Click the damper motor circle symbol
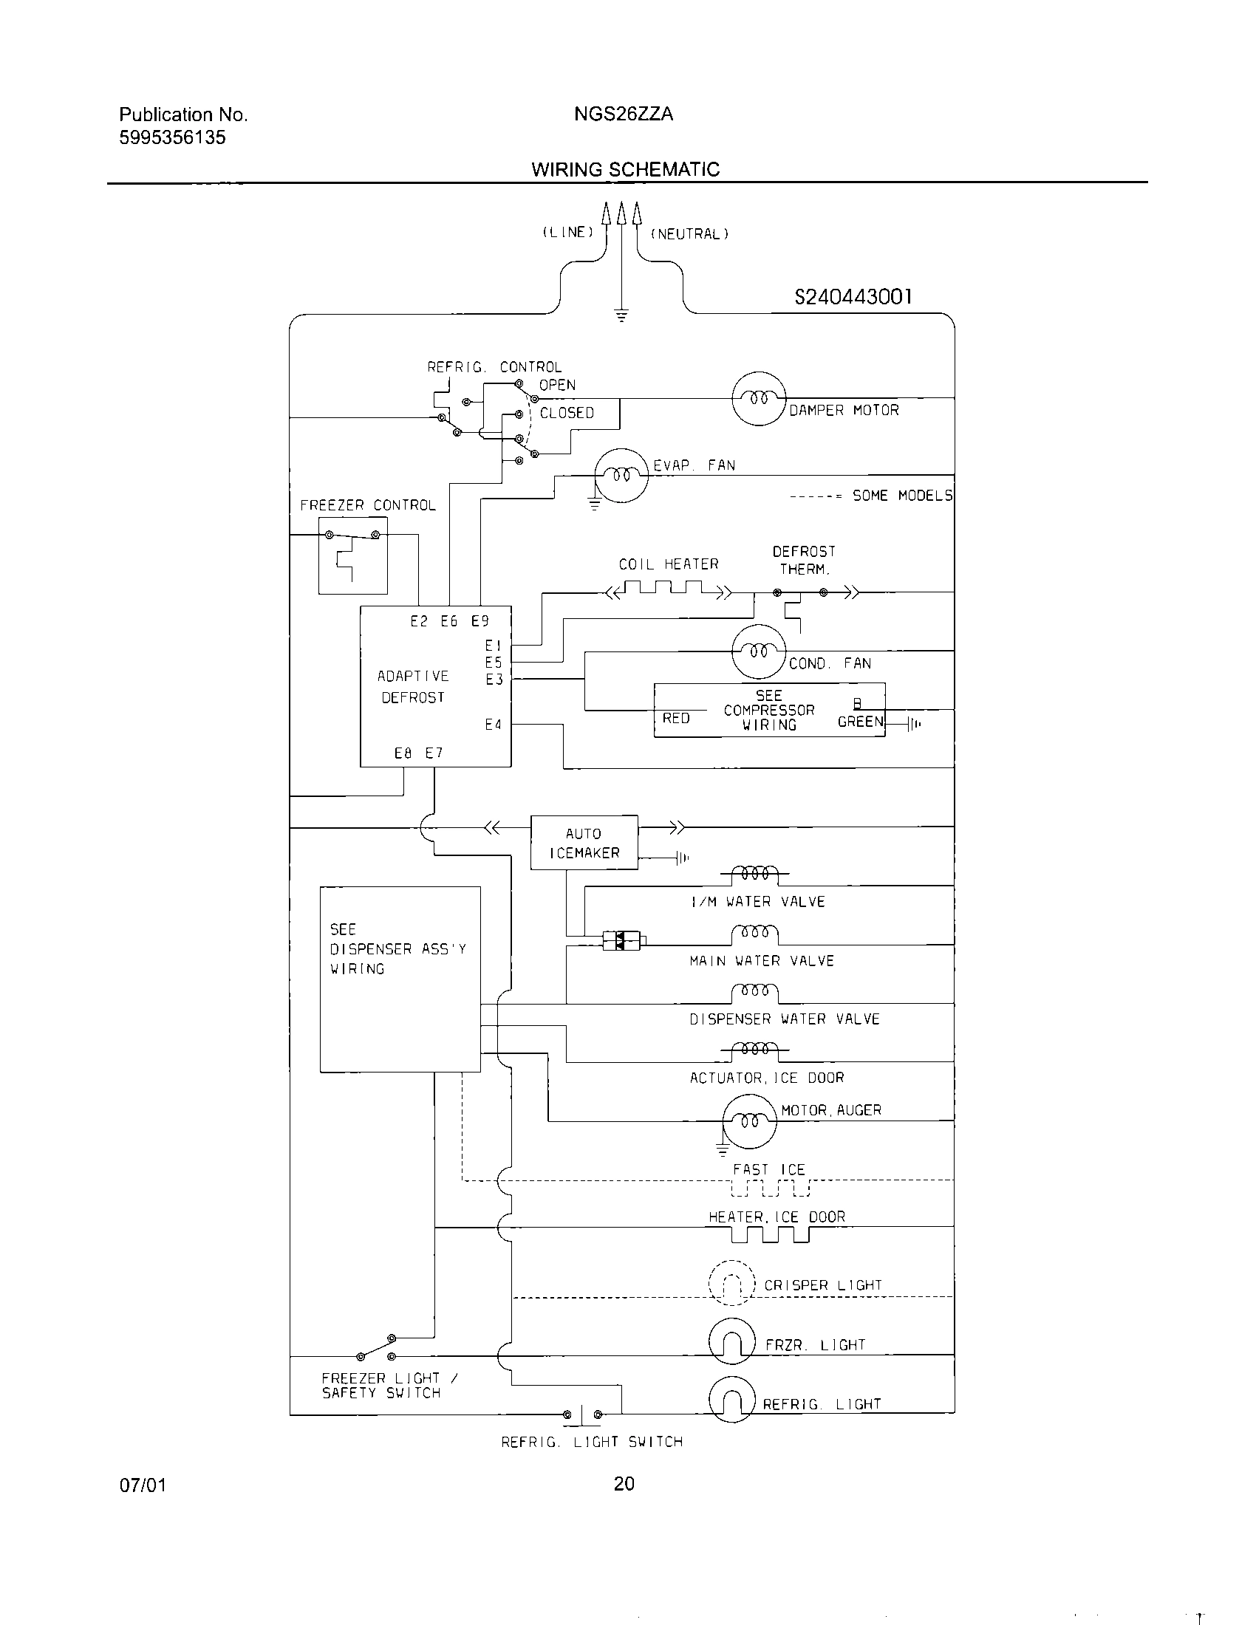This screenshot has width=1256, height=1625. pyautogui.click(x=758, y=398)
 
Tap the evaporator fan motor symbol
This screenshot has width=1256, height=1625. pyautogui.click(x=621, y=476)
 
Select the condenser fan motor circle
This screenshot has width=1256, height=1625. pyautogui.click(x=758, y=651)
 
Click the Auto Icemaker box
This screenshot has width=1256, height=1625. pyautogui.click(x=584, y=842)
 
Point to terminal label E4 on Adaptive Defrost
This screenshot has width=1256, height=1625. pyautogui.click(x=494, y=725)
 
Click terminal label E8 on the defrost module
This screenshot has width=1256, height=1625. pyautogui.click(x=403, y=753)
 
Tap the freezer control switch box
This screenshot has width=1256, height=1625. pyautogui.click(x=352, y=555)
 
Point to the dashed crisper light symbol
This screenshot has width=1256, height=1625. pyautogui.click(x=732, y=1283)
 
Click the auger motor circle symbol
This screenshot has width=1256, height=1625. pyautogui.click(x=749, y=1121)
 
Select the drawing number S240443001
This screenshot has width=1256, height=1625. pyautogui.click(x=853, y=297)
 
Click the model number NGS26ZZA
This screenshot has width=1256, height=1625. pyautogui.click(x=624, y=114)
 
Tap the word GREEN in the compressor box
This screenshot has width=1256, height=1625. pyautogui.click(x=860, y=721)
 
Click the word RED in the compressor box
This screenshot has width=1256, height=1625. pyautogui.click(x=675, y=718)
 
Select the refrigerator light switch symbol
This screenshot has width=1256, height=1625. pyautogui.click(x=583, y=1414)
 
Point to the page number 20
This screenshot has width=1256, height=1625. pyautogui.click(x=624, y=1484)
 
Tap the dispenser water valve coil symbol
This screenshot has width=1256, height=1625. pyautogui.click(x=754, y=993)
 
